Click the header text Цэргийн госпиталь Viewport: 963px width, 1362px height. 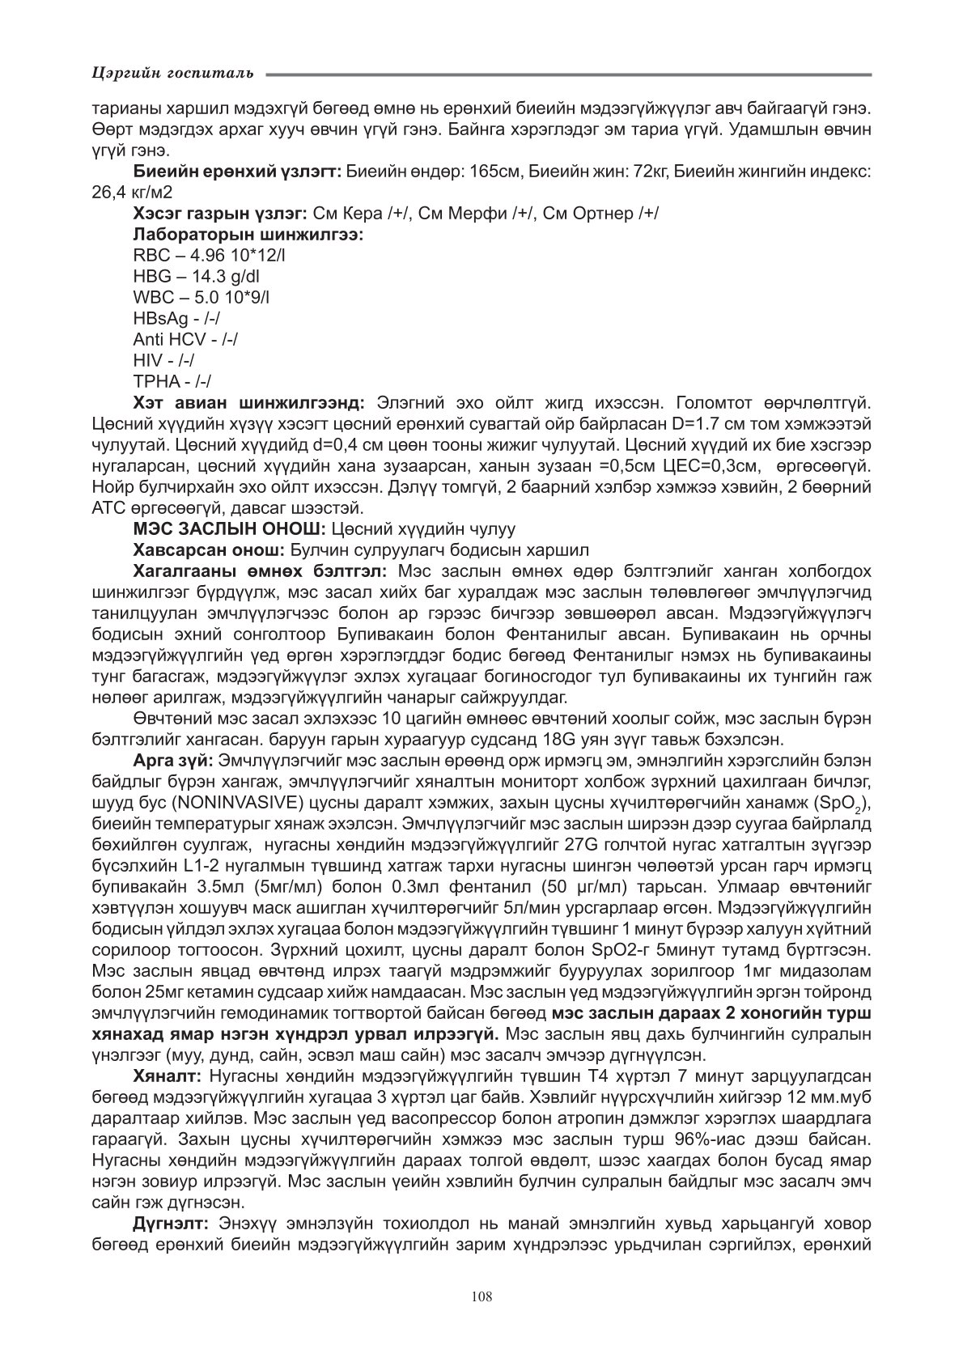point(173,74)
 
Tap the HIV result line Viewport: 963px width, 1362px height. point(163,361)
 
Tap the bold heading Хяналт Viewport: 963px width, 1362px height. point(168,1076)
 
